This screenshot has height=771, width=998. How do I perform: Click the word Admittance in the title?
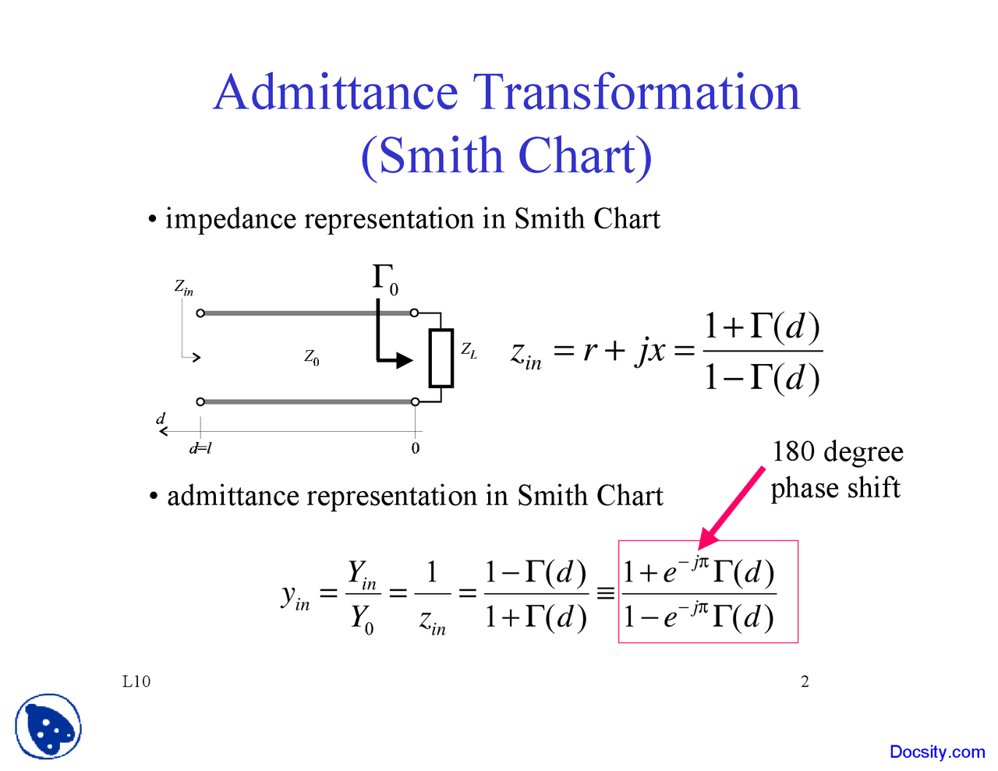click(x=335, y=93)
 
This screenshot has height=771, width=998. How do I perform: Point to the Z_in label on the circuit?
click(x=184, y=288)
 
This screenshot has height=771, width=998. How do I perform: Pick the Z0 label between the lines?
click(x=312, y=358)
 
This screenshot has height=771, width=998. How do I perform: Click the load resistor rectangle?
click(x=441, y=358)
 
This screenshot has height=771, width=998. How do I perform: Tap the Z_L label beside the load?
click(x=469, y=351)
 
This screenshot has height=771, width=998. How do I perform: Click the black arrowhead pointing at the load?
click(x=404, y=360)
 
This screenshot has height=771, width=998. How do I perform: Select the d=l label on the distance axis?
click(x=200, y=448)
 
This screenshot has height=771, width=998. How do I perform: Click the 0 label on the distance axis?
click(x=416, y=448)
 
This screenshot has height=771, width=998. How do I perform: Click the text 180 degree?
click(x=837, y=452)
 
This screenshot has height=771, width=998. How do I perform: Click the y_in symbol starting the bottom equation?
click(x=296, y=596)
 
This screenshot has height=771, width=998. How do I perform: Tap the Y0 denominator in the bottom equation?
click(x=362, y=618)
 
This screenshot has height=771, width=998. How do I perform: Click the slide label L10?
click(x=136, y=681)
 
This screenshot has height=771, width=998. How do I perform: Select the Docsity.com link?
click(x=937, y=752)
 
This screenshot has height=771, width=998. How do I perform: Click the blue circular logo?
click(x=48, y=727)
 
